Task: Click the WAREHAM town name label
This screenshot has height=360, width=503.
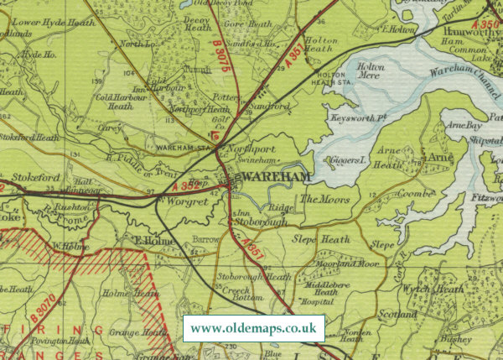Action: click(270, 178)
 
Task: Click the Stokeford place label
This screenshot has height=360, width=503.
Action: click(29, 178)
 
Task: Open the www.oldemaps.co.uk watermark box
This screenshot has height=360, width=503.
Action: click(253, 328)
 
